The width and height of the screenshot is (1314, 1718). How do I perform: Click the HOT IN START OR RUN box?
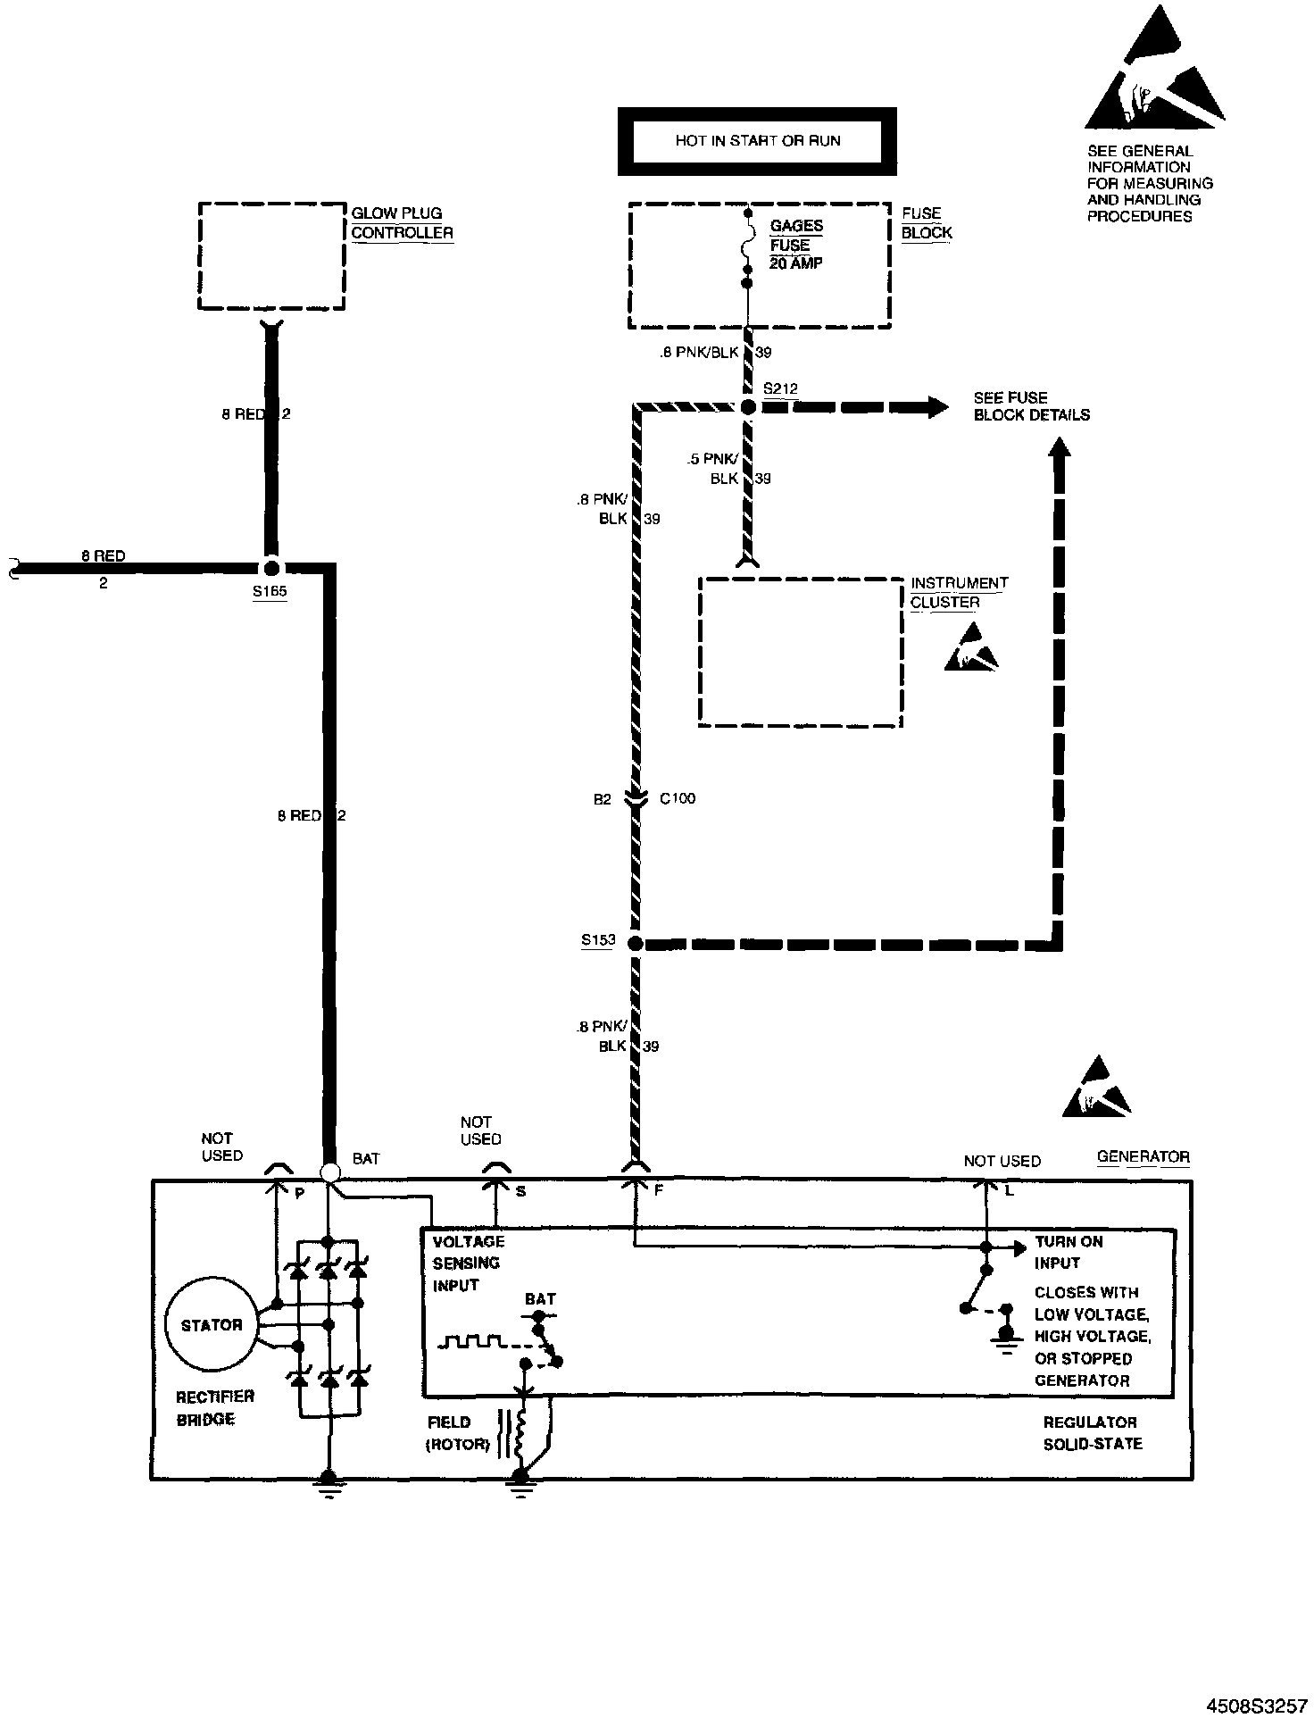click(757, 141)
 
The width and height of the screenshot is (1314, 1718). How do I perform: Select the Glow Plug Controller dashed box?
click(271, 255)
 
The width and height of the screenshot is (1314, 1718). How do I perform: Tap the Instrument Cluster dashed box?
click(800, 652)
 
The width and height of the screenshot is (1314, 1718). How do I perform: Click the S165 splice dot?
click(270, 568)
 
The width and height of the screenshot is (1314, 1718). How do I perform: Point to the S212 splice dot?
click(748, 407)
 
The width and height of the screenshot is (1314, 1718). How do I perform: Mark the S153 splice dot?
click(635, 943)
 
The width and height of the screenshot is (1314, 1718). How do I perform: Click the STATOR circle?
click(212, 1325)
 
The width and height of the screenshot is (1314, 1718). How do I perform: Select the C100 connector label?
click(678, 798)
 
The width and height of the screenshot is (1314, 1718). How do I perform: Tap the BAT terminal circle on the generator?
click(329, 1172)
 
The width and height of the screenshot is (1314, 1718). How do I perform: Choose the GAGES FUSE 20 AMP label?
click(796, 245)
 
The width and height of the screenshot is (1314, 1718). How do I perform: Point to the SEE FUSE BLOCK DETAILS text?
click(1031, 406)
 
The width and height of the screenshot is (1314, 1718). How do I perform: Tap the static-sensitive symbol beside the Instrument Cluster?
click(970, 648)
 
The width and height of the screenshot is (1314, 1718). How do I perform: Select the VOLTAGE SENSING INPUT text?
click(468, 1263)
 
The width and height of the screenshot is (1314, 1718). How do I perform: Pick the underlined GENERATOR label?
click(1143, 1156)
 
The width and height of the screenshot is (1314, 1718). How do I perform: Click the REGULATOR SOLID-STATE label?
click(1092, 1432)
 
